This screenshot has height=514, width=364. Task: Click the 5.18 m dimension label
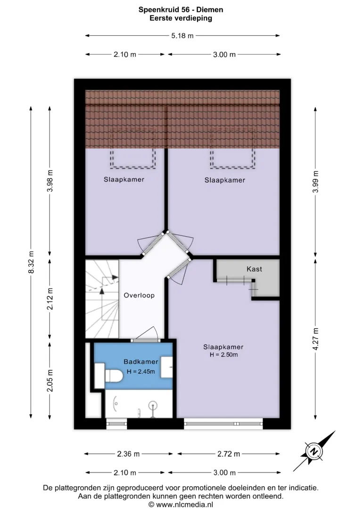(182, 35)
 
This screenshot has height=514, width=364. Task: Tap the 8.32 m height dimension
(31, 262)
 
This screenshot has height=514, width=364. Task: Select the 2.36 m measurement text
(128, 454)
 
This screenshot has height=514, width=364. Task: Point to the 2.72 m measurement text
(229, 454)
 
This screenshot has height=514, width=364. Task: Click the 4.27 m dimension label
(316, 339)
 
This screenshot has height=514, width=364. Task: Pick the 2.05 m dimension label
(50, 380)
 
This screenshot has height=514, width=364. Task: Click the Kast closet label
(254, 269)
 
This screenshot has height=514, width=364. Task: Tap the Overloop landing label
(139, 295)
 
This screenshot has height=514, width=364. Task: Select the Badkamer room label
(141, 361)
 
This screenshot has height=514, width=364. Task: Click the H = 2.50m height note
(223, 354)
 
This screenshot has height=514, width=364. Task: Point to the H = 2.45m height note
(141, 371)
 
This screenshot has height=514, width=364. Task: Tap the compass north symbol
(314, 451)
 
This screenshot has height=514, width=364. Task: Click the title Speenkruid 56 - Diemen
(181, 9)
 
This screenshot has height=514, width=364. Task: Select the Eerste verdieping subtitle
(181, 18)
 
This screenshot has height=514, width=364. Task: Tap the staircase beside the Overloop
(102, 299)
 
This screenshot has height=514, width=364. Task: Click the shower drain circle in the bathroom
(153, 406)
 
